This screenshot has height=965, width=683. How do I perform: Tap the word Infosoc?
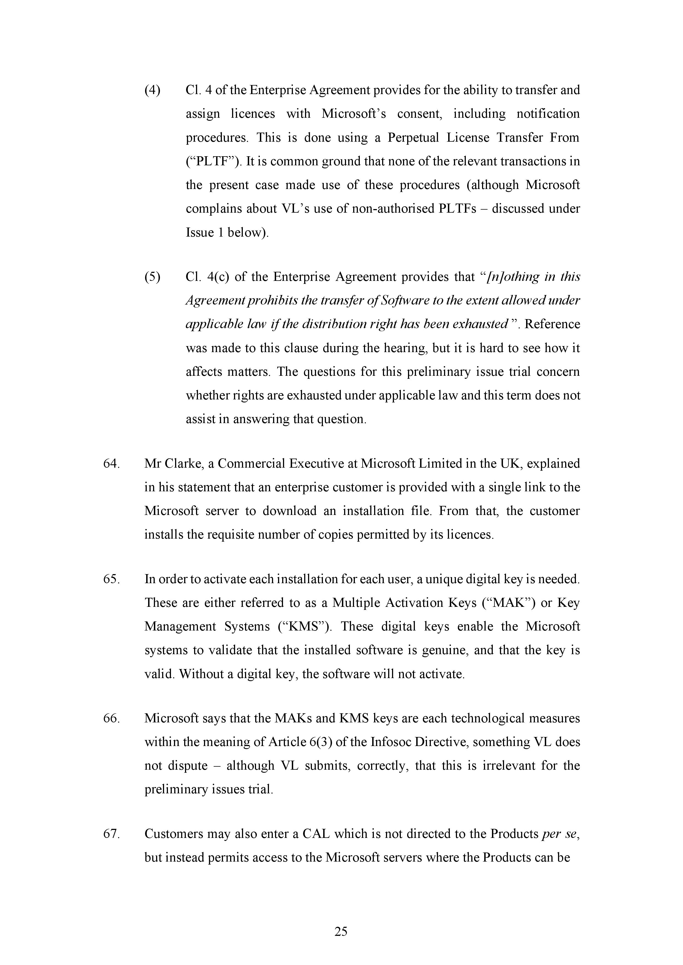click(393, 742)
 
